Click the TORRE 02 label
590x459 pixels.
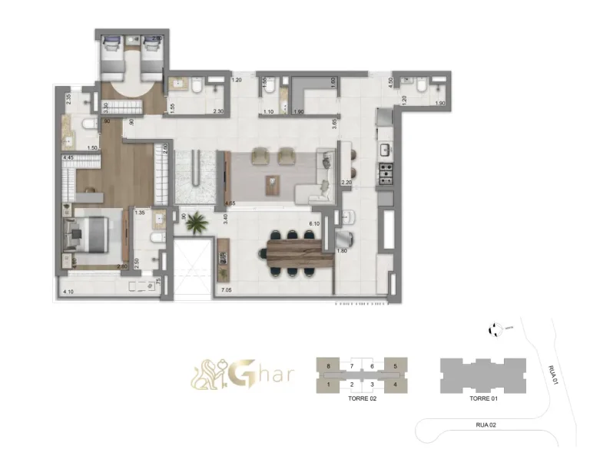click(x=361, y=400)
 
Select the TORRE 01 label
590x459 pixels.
click(x=484, y=400)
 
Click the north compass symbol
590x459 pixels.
click(x=493, y=329)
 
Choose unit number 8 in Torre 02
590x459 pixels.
click(x=328, y=367)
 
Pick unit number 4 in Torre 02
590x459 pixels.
click(x=395, y=384)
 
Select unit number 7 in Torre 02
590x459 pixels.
click(x=352, y=367)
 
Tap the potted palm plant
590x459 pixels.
click(x=197, y=223)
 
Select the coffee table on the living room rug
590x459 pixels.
click(x=270, y=183)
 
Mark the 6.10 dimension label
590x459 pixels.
click(x=314, y=223)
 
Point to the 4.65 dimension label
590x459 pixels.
click(x=230, y=203)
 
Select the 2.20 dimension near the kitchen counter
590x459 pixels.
click(x=346, y=183)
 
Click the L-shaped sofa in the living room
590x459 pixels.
click(x=323, y=178)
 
